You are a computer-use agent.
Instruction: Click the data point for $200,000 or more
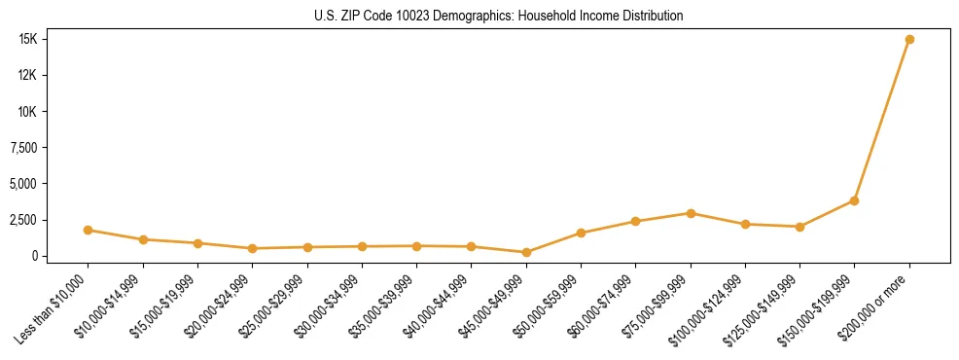pyautogui.click(x=908, y=40)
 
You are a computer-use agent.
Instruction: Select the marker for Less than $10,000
pyautogui.click(x=88, y=231)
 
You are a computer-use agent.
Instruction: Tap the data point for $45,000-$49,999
pyautogui.click(x=526, y=252)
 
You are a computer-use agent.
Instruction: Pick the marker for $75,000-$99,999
pyautogui.click(x=690, y=213)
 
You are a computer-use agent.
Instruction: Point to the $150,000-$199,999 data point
pyautogui.click(x=854, y=200)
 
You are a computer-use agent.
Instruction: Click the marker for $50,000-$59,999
pyautogui.click(x=581, y=234)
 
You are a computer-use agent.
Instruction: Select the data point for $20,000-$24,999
pyautogui.click(x=252, y=248)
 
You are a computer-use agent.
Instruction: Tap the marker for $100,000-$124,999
pyautogui.click(x=745, y=225)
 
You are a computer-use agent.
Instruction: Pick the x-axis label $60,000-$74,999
pyautogui.click(x=601, y=306)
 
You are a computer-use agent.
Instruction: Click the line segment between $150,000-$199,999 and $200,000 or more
pyautogui.click(x=881, y=121)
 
